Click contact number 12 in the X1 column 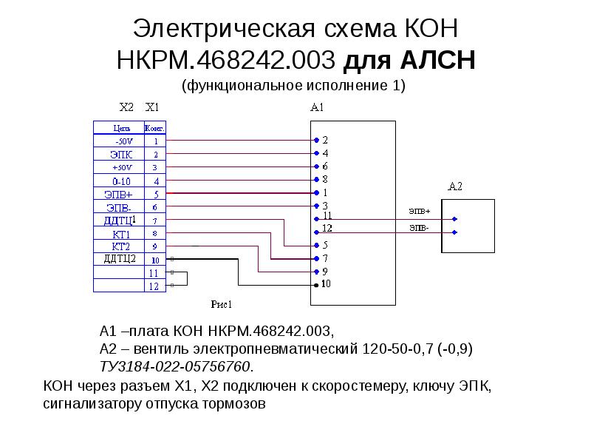[x=154, y=286]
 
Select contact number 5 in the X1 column [x=155, y=194]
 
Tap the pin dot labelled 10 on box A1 [x=315, y=285]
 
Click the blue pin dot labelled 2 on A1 [x=315, y=140]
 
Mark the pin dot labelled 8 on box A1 [x=315, y=180]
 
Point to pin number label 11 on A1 [x=328, y=215]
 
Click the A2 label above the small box [x=455, y=186]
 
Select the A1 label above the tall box [x=318, y=107]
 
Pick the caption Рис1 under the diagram [x=222, y=303]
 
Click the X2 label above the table [x=127, y=107]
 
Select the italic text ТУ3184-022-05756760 [x=175, y=366]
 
